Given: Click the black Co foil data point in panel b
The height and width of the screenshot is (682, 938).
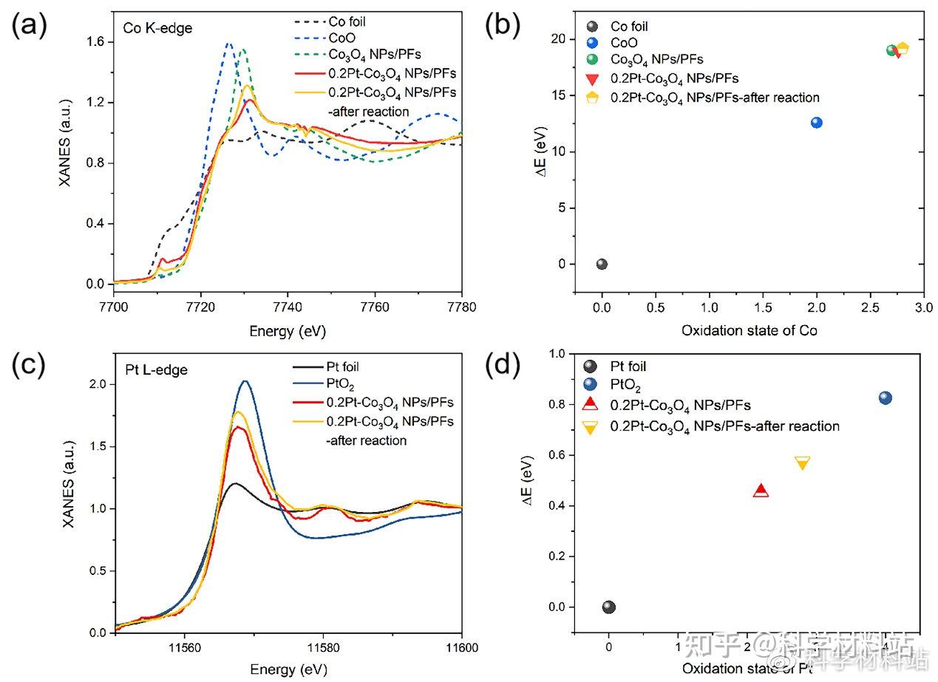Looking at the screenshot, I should pos(602,265).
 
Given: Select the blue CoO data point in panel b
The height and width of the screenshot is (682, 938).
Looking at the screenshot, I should pos(816,123).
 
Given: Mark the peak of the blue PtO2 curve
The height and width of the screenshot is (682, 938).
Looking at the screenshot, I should pos(245,381).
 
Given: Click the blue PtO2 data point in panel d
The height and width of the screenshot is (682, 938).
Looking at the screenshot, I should pos(885,398).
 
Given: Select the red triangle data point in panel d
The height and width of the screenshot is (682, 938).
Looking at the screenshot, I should pos(761,490).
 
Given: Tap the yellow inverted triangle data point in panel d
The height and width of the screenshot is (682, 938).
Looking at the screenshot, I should pos(802,463).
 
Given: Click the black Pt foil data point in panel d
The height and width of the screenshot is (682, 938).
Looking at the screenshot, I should pos(608,607).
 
